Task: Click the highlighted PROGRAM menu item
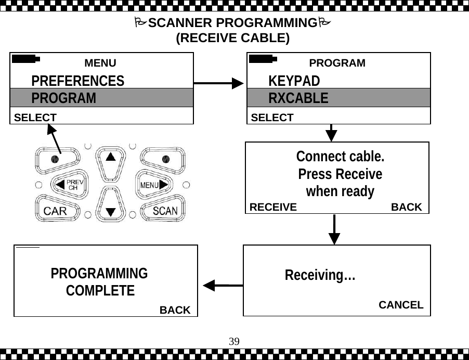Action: pos(63,98)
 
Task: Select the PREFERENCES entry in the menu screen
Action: pos(77,81)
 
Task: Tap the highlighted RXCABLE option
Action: pos(298,98)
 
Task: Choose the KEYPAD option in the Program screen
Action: pos(294,81)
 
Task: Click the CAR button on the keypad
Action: pos(55,211)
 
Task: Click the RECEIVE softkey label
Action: pos(273,207)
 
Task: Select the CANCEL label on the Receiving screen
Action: pos(400,305)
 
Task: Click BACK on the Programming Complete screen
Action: pos(175,310)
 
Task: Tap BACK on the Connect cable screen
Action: pos(406,207)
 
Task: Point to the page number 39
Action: pos(234,341)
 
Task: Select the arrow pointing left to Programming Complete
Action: pos(223,285)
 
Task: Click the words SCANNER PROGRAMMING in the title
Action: pos(232,23)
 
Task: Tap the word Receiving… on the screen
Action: pos(320,275)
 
